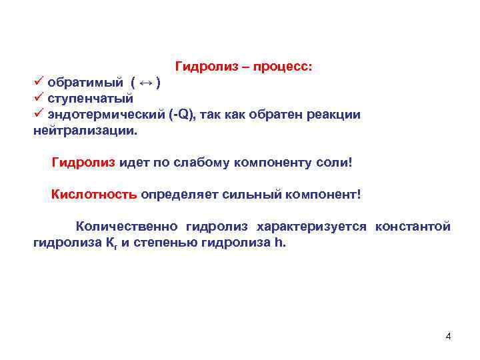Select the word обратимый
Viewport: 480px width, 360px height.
pyautogui.click(x=85, y=83)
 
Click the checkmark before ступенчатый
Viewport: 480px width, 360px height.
pyautogui.click(x=39, y=98)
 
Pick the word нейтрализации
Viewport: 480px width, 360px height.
pyautogui.click(x=83, y=131)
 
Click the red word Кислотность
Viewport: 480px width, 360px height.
pyautogui.click(x=95, y=195)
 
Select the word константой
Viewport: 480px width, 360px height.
pyautogui.click(x=413, y=227)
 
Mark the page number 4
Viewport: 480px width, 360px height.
pyautogui.click(x=449, y=336)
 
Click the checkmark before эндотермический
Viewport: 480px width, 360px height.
pyautogui.click(x=39, y=114)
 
